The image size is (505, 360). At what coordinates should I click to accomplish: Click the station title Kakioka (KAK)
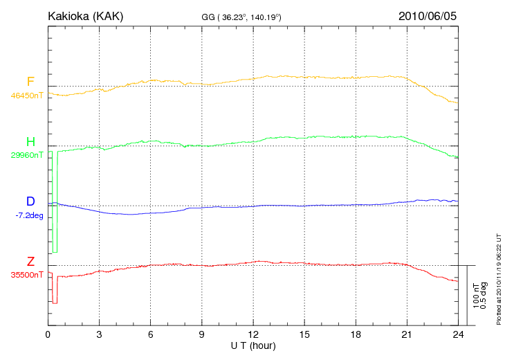[85, 15]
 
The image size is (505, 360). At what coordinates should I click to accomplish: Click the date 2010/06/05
[428, 15]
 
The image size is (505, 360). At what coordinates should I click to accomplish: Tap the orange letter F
[30, 82]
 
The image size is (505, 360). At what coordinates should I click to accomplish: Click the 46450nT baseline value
[27, 96]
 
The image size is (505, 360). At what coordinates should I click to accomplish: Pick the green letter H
[30, 142]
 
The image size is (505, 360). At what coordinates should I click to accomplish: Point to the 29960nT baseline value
[27, 155]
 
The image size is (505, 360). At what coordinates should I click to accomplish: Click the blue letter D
[30, 201]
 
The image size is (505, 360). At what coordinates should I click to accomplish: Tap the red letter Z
[30, 261]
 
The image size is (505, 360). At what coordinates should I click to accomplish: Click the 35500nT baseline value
[27, 275]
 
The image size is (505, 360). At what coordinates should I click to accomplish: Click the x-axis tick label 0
[48, 334]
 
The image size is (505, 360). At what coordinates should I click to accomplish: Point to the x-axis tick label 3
[100, 334]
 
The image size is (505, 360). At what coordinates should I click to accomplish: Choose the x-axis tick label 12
[253, 334]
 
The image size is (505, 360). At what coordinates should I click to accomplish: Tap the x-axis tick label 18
[356, 334]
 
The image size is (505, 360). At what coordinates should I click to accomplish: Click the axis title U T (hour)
[253, 345]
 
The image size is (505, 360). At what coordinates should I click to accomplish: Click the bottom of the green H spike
[55, 253]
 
